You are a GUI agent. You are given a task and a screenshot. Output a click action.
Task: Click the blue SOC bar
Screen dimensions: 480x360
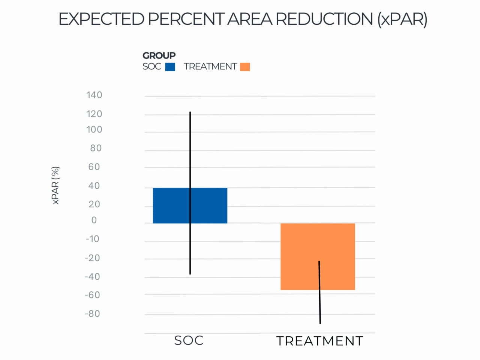[x=190, y=205]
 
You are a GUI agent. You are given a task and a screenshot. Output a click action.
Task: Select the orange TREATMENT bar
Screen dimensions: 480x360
[x=318, y=256]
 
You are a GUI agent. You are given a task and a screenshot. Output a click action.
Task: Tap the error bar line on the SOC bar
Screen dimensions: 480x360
[x=190, y=193]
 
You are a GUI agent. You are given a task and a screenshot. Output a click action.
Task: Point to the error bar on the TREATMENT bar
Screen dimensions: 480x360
[x=319, y=292]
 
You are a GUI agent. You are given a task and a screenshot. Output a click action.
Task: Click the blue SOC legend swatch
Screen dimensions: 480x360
[x=170, y=67]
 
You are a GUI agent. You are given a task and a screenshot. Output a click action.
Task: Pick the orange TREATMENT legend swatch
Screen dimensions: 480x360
[x=245, y=67]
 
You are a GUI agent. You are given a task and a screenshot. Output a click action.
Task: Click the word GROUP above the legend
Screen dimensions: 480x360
[x=159, y=55]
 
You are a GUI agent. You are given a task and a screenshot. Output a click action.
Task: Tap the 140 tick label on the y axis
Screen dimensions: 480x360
[x=94, y=95]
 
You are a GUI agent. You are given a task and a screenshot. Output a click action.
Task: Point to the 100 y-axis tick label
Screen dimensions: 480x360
[x=94, y=130]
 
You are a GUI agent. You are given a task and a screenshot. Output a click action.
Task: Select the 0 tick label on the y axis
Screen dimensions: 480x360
[x=94, y=220]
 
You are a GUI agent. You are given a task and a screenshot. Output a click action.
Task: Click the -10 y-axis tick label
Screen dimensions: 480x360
[x=93, y=239]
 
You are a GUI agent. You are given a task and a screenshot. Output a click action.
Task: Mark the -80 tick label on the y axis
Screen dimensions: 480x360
[x=93, y=314]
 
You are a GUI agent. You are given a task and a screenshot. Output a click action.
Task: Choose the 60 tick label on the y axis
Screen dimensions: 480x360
[x=94, y=167]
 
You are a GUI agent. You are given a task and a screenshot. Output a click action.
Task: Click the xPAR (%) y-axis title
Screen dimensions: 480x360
[x=55, y=185]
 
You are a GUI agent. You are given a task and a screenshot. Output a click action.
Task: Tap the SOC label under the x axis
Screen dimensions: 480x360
[x=189, y=340]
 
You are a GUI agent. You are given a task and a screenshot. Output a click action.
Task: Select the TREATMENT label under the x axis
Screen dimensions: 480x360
[x=320, y=341]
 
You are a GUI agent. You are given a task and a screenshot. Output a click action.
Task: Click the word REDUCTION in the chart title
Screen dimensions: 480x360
[x=324, y=19]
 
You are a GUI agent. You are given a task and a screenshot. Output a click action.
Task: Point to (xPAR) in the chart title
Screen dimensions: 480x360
[x=402, y=19]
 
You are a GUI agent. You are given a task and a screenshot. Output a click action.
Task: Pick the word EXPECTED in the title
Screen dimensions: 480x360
[x=102, y=19]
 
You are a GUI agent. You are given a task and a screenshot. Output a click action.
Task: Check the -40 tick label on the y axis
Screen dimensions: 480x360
[x=93, y=277]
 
